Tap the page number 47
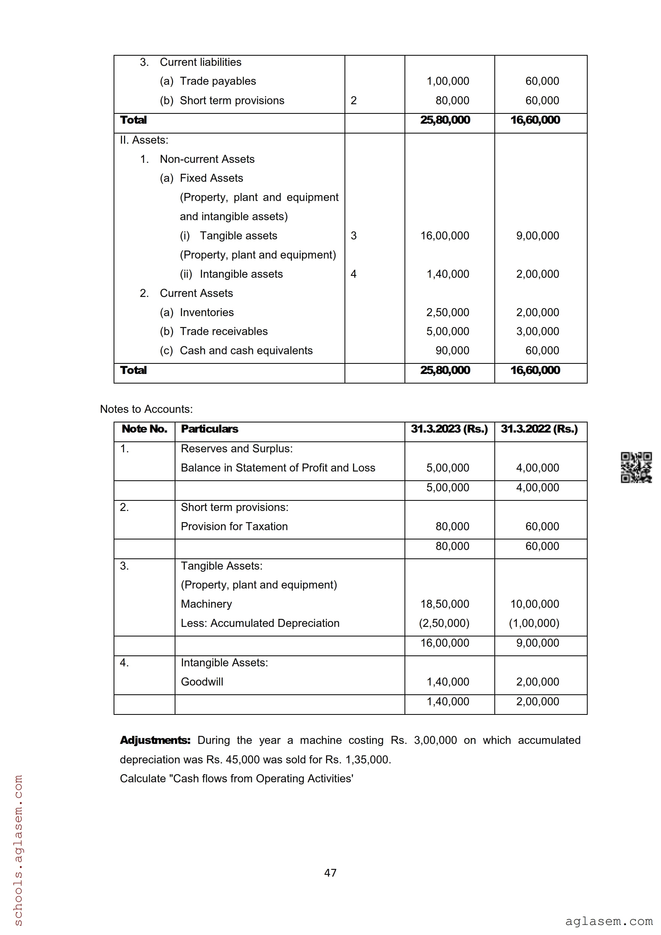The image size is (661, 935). coord(330,873)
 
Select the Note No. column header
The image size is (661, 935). coord(144,429)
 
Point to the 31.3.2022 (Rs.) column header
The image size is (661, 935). coord(539,429)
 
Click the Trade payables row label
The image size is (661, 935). coord(218,81)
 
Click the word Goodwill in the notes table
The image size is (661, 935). coord(202,682)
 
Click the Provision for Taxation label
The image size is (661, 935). coord(234,527)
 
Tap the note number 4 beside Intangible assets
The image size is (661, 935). coord(354,274)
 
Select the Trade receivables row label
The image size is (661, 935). coord(224,332)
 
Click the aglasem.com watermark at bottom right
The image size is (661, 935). coord(608,921)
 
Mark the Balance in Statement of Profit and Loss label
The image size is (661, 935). coord(278,468)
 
